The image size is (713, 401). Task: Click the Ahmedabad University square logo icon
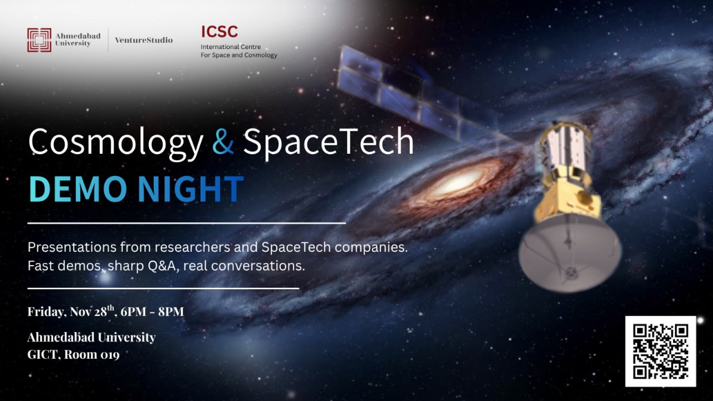click(39, 40)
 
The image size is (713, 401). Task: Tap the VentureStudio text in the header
click(144, 40)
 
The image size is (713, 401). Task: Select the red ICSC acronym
click(219, 32)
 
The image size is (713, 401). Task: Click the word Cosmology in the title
click(115, 142)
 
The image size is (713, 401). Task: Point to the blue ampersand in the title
click(223, 142)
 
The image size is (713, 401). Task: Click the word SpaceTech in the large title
click(329, 142)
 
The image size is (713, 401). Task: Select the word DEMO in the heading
click(78, 189)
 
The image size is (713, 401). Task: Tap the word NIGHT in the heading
click(191, 189)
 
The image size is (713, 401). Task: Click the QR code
click(660, 351)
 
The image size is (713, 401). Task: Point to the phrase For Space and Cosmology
click(239, 55)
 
